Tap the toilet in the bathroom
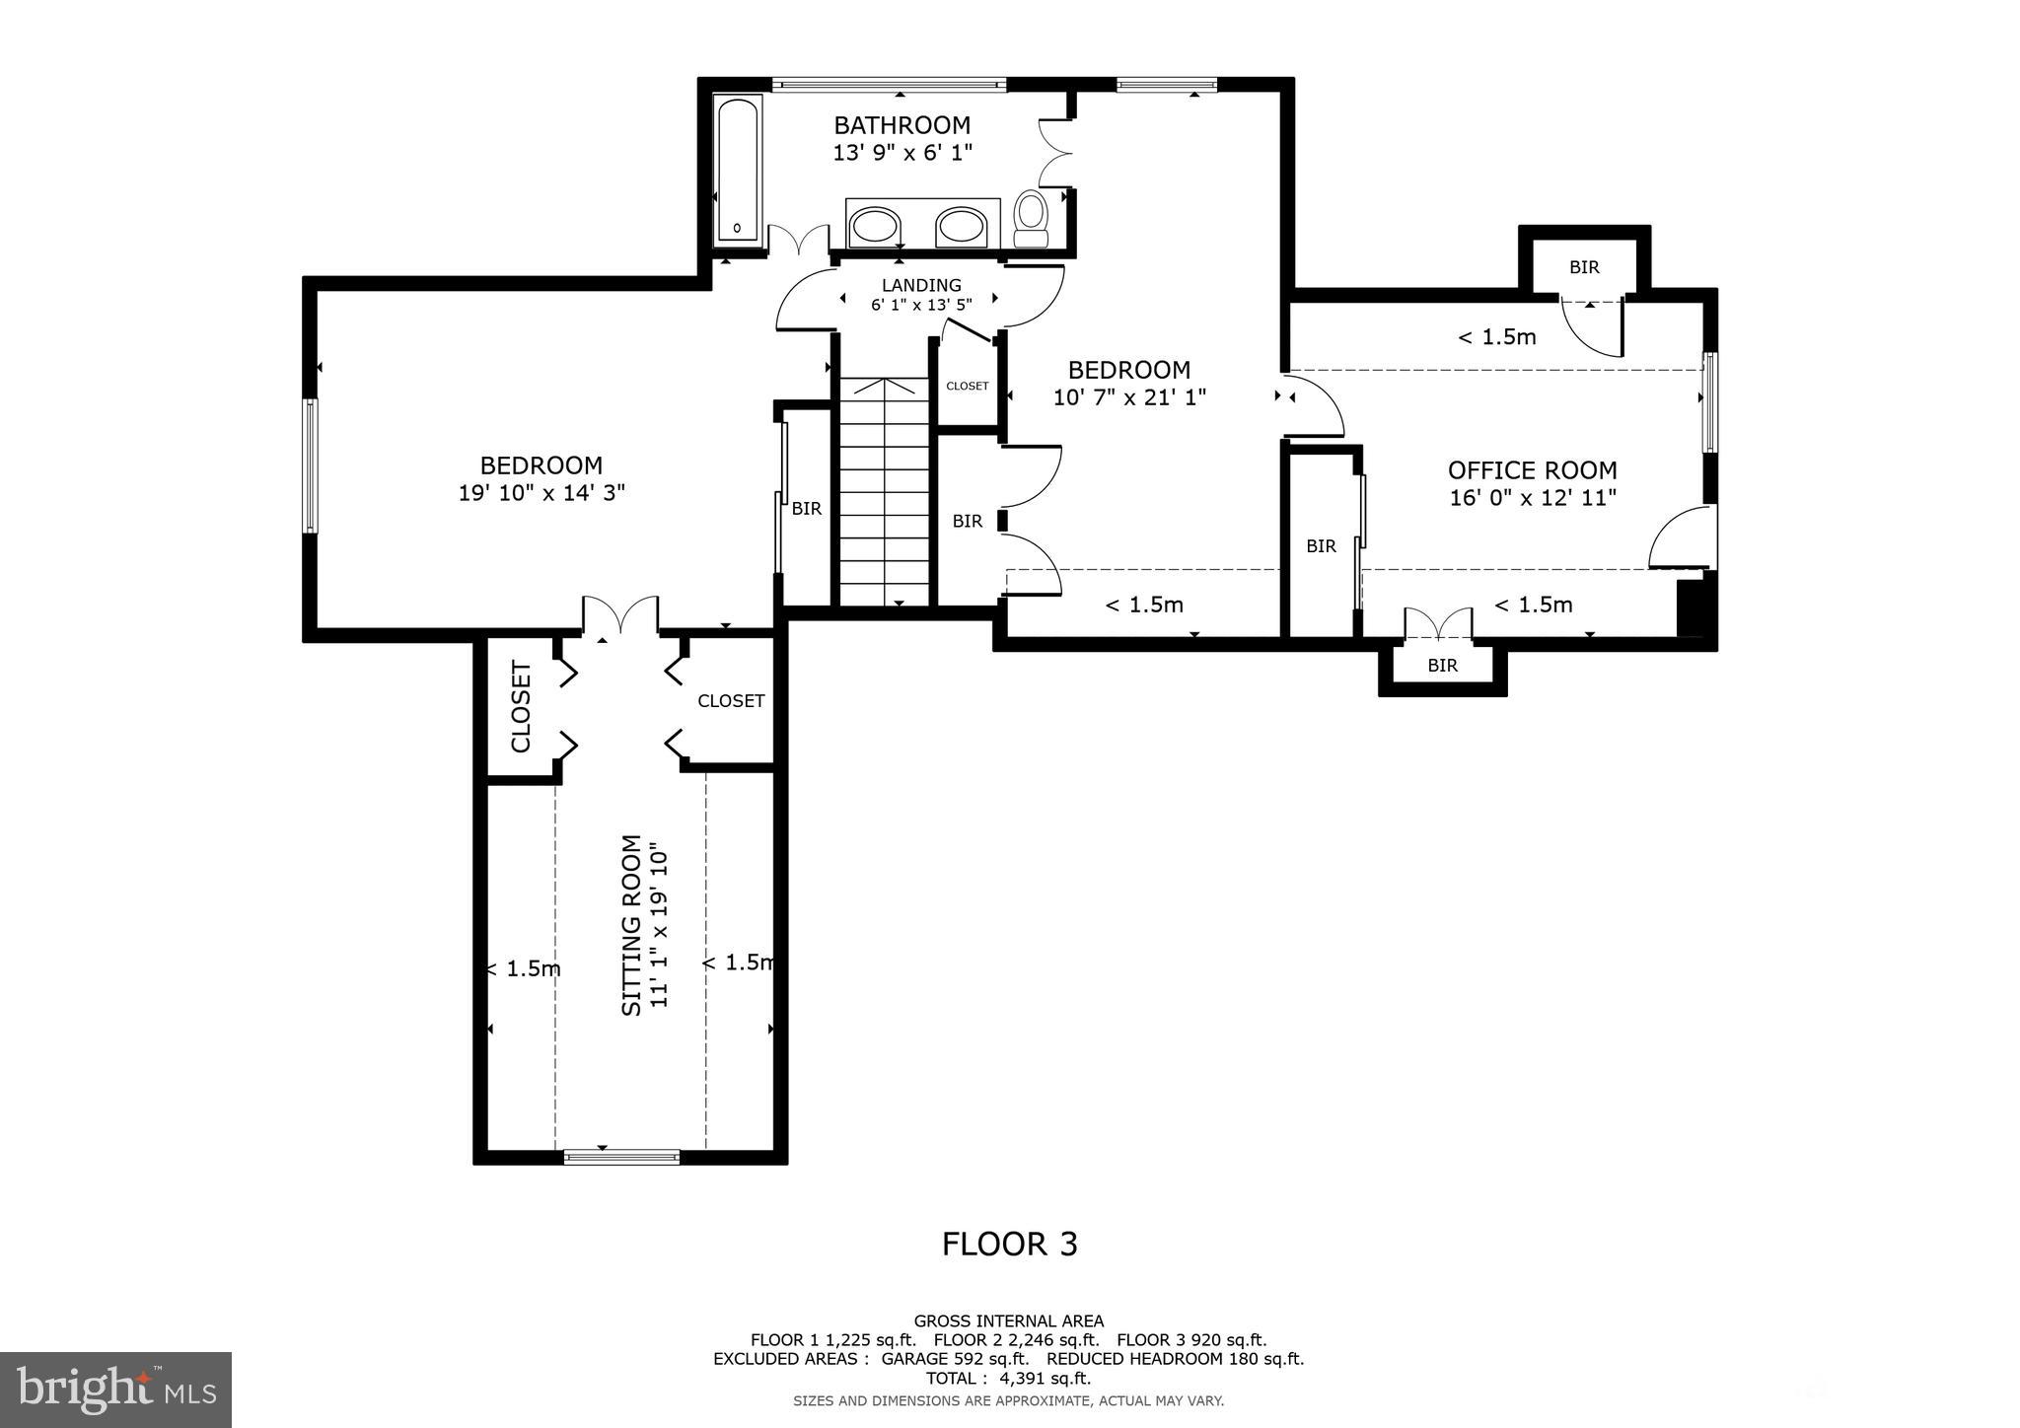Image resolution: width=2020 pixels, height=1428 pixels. [1032, 218]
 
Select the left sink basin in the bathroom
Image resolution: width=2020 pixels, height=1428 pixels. [874, 226]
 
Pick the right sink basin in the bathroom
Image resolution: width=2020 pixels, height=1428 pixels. [960, 226]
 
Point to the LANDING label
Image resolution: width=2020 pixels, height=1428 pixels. [921, 286]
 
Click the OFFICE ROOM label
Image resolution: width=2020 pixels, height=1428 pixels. [1532, 470]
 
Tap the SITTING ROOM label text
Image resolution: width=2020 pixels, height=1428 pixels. [632, 925]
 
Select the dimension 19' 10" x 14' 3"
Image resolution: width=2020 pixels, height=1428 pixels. [541, 492]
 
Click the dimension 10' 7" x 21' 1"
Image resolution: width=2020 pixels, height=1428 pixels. [1129, 397]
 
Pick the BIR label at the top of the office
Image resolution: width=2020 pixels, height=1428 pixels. [1584, 267]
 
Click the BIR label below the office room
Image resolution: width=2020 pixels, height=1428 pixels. [1442, 666]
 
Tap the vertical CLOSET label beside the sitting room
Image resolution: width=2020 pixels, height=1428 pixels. [521, 706]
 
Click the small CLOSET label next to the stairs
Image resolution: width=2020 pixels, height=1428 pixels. [967, 386]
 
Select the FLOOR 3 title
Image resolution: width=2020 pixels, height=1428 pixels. [1009, 1245]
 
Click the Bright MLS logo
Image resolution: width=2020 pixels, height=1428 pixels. [115, 1390]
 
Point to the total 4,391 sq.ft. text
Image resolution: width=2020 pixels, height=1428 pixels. [1008, 1379]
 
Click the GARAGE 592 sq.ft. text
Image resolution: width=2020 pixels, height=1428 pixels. [956, 1359]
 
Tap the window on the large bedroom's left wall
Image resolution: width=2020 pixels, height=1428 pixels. [311, 465]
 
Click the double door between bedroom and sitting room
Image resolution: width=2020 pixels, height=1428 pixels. [620, 616]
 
